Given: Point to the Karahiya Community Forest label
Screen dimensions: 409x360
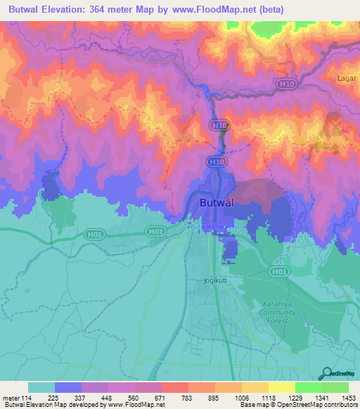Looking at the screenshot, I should pyautogui.click(x=276, y=312).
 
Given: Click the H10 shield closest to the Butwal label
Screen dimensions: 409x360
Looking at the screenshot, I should pyautogui.click(x=217, y=162).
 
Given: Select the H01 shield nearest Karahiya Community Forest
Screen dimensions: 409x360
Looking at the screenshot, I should pyautogui.click(x=279, y=271).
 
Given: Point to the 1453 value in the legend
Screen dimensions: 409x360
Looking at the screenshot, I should pyautogui.click(x=349, y=397).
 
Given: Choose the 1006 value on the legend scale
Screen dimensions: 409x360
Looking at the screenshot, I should pyautogui.click(x=242, y=397).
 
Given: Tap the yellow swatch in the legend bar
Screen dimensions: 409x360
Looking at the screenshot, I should pyautogui.click(x=282, y=387).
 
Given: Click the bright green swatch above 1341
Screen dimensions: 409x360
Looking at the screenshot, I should pyautogui.click(x=309, y=387).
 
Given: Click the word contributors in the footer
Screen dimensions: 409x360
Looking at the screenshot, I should pyautogui.click(x=341, y=405).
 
